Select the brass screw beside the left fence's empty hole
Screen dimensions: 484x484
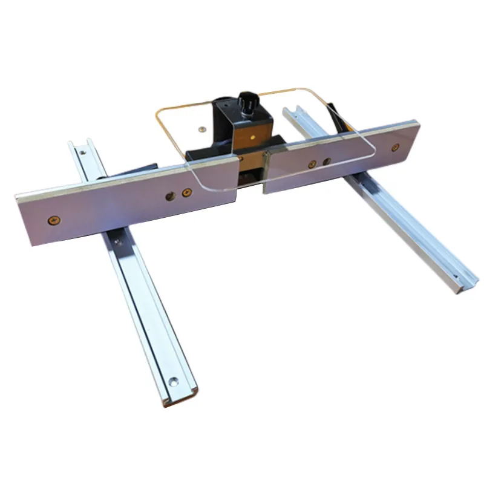click(186, 193)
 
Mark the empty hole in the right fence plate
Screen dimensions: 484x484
click(327, 162)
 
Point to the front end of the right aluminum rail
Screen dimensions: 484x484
click(460, 284)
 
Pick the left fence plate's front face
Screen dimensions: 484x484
click(121, 209)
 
